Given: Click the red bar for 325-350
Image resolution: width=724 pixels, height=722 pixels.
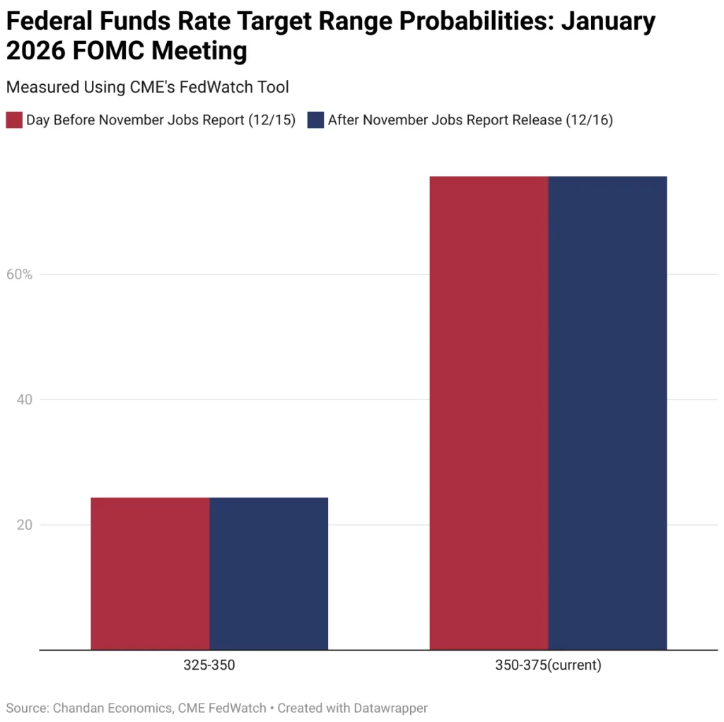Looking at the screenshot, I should click(x=150, y=573).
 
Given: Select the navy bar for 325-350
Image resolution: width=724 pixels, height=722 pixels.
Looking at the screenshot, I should click(x=269, y=573).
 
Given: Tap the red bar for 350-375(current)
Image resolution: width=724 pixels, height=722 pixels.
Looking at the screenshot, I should click(x=489, y=413).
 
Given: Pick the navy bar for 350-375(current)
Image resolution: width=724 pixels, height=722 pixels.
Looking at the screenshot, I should click(x=607, y=413).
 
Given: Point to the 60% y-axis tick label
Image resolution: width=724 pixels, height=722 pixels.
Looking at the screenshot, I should click(x=20, y=274).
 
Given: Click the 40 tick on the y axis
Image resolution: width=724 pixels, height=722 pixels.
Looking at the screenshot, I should click(x=24, y=400).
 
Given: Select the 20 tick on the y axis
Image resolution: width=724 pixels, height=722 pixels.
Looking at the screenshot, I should click(x=24, y=525).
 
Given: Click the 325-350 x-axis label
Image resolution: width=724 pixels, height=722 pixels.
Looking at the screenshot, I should click(x=209, y=665).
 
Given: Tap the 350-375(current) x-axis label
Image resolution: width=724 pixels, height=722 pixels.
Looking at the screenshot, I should click(x=548, y=665).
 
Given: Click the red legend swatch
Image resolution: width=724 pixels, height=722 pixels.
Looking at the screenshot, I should click(x=14, y=120).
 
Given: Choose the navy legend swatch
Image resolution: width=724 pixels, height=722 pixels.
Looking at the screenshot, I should click(x=315, y=120).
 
